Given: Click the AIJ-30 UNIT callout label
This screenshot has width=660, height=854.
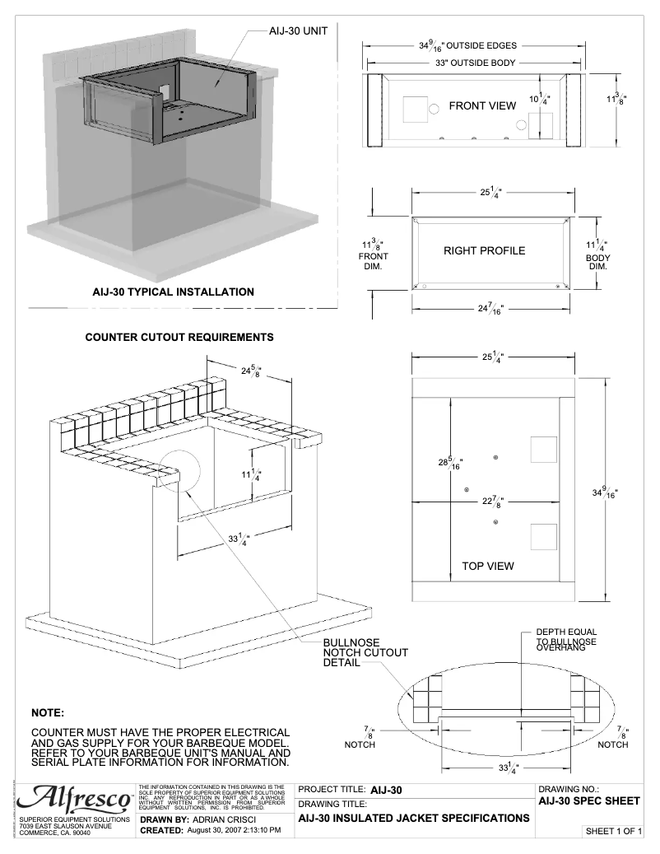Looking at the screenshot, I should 299,30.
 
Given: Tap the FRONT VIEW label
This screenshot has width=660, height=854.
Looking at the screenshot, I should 482,106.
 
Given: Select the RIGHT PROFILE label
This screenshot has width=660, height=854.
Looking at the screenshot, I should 484,250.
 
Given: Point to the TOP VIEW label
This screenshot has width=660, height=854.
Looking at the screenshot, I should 488,566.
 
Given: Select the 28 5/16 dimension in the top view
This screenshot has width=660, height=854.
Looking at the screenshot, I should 450,463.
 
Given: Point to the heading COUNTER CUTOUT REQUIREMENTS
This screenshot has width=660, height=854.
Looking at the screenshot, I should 179,338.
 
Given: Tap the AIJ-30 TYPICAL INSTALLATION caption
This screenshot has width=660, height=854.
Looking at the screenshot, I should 173,292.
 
